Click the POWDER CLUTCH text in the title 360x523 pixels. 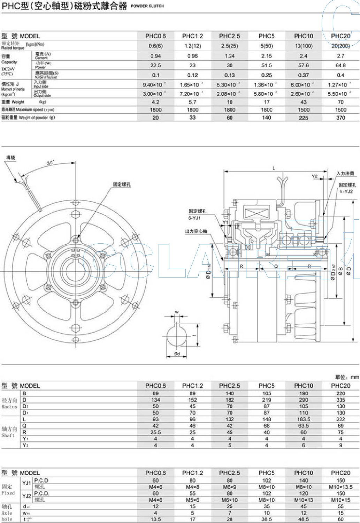[147, 6]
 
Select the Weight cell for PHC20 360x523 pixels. [340, 102]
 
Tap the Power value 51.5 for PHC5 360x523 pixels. [266, 66]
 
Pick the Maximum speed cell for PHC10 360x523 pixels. [303, 110]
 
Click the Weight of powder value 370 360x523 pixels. [340, 118]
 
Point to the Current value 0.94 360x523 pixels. [155, 56]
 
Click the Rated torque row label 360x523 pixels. [13, 46]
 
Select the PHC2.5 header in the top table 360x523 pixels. [229, 36]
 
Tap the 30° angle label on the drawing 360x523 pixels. [51, 162]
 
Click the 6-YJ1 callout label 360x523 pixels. [194, 218]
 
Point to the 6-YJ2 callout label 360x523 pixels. [346, 191]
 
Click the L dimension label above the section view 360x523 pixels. [274, 168]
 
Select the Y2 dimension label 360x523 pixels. [315, 176]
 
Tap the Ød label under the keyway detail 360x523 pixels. [177, 354]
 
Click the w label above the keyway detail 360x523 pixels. [177, 312]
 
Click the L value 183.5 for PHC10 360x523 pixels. [303, 419]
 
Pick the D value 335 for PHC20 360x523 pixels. [340, 400]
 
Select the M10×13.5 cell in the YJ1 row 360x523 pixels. [340, 487]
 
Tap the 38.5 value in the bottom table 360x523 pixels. [266, 519]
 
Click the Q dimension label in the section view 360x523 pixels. [276, 266]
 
